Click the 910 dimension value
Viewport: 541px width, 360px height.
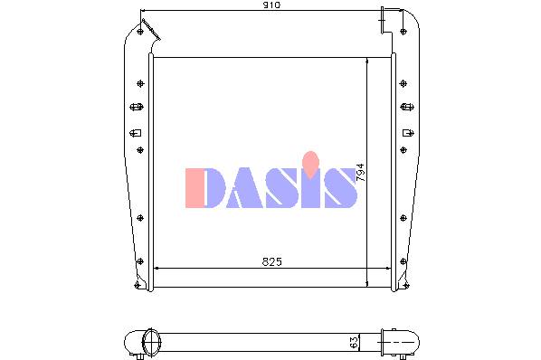point(271,5)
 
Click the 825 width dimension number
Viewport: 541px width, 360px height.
point(272,262)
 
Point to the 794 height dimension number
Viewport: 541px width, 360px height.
point(360,173)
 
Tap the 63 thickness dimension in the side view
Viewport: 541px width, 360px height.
point(354,343)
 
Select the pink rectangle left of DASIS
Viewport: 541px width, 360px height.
point(195,188)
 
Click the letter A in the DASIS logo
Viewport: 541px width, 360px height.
point(245,188)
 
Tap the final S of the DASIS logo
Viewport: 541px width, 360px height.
point(340,188)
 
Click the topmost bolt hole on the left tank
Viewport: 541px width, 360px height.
point(140,32)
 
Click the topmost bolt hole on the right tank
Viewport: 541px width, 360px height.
point(403,32)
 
